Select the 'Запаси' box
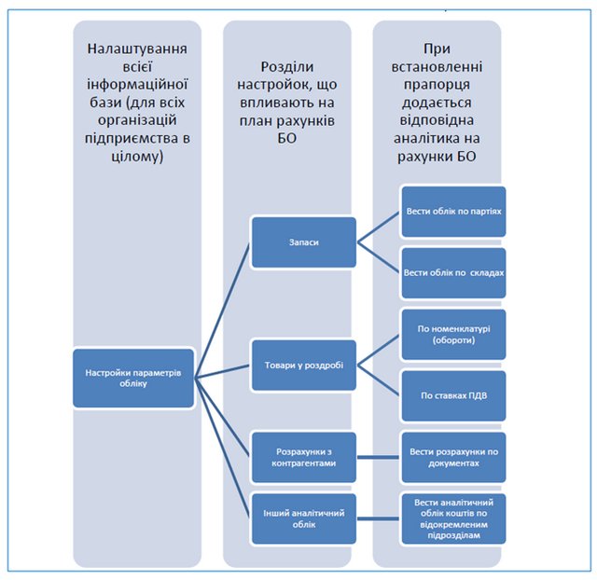pos(302,242)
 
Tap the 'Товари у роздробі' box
pos(302,364)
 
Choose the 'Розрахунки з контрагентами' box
pos(302,457)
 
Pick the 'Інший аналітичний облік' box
pos(302,518)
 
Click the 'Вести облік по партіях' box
pos(453,213)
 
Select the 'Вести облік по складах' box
pos(453,272)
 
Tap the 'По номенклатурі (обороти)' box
pos(453,334)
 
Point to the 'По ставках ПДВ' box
pos(453,395)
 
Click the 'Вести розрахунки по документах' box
pos(453,457)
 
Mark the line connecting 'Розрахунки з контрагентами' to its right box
pos(378,457)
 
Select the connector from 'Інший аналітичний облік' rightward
pos(378,518)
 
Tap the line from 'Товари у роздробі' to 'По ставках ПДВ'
pos(379,380)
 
